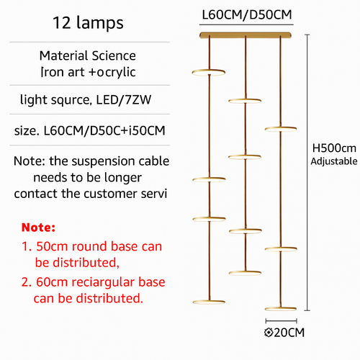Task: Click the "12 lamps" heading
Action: pos(88,23)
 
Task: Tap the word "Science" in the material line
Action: pos(114,55)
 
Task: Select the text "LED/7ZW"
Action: pos(124,99)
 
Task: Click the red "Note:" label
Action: pos(38,228)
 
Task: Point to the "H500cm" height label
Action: pos(334,148)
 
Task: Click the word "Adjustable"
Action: pos(334,161)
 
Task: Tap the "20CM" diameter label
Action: pos(289,333)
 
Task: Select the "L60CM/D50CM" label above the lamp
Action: pos(247,14)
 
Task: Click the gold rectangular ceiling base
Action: pos(246,35)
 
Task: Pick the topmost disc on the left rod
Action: pos(209,72)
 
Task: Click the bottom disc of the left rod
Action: pos(209,302)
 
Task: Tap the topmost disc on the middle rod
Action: pos(245,101)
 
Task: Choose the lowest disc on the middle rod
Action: pos(245,273)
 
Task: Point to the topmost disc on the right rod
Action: pos(281,129)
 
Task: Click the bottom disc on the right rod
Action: pos(281,309)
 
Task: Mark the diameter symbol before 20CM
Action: pos(269,333)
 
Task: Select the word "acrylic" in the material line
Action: pos(116,72)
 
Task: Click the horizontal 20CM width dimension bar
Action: pos(282,321)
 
